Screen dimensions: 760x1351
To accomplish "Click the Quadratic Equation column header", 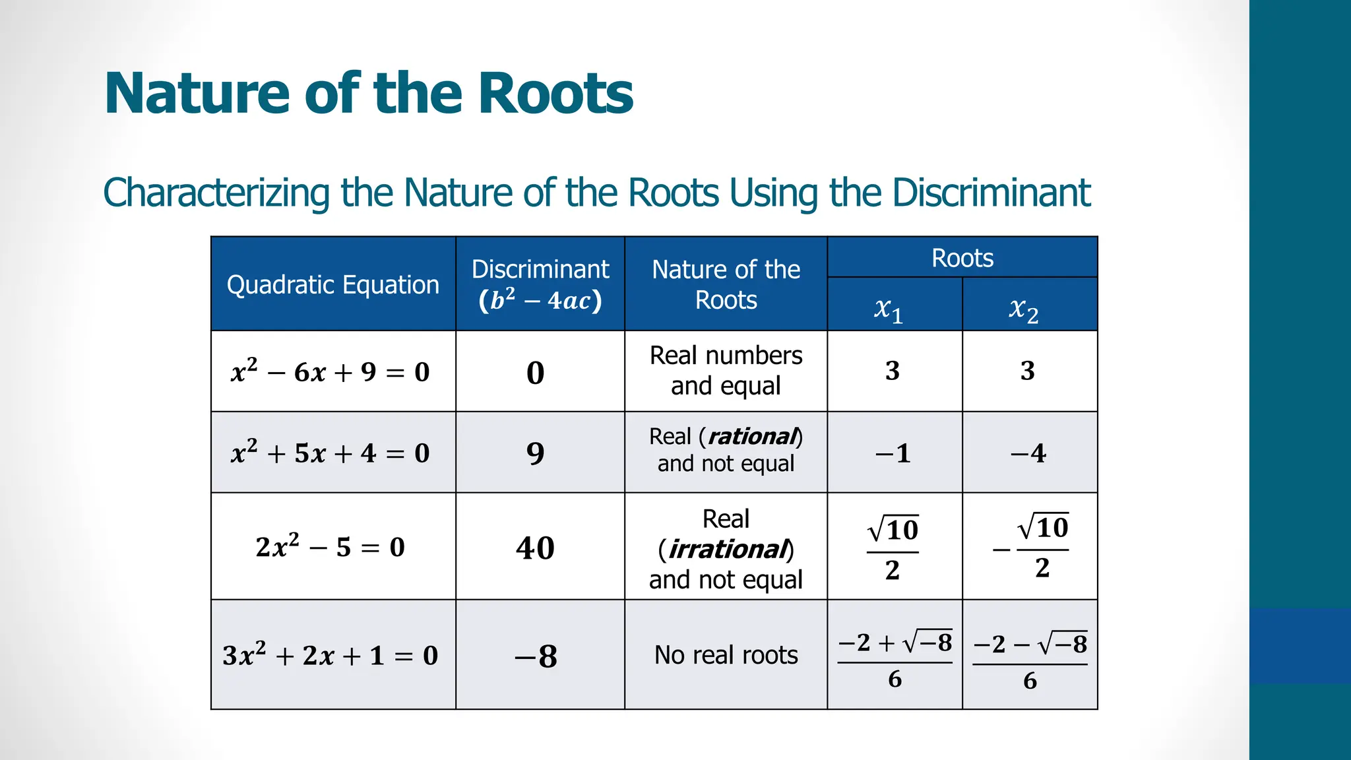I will coord(332,285).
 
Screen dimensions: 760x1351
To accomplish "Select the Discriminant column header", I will coord(540,285).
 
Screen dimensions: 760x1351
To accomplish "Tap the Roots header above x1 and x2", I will coord(962,258).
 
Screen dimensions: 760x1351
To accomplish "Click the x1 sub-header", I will coord(889,309).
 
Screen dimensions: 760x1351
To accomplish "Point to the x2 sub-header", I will coord(1023,309).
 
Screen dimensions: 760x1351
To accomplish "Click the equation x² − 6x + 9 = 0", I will coord(330,372).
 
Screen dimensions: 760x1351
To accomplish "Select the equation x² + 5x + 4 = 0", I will coord(330,453).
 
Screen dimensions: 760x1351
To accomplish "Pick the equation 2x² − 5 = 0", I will coord(330,547).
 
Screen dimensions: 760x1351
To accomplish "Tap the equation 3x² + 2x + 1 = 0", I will coord(330,655).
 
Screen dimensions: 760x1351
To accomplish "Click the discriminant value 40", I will coord(535,548).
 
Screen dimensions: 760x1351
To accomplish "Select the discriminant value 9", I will coord(535,453).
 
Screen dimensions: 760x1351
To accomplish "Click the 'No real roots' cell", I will coord(726,655).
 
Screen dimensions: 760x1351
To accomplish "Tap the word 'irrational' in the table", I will coord(728,549).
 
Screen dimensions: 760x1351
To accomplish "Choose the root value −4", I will coord(1028,453).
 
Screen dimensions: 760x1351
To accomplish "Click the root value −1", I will coord(893,453).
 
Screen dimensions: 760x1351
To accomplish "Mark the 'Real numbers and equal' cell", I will coord(726,371).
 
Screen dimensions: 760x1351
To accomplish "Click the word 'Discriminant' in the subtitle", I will coord(991,193).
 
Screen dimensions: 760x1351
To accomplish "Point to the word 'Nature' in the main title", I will coord(197,93).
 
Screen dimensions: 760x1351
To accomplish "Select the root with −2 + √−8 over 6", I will coord(895,659).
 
